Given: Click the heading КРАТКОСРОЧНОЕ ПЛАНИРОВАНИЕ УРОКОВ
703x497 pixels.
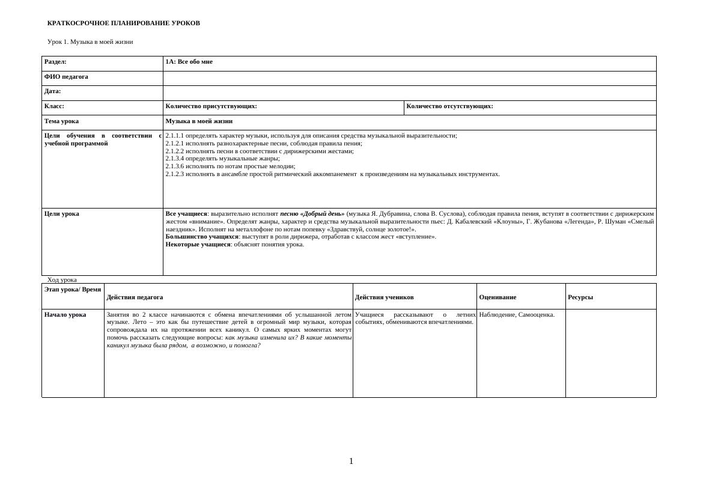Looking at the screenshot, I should pyautogui.click(x=123, y=23).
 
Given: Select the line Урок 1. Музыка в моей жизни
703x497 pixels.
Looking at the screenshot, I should pyautogui.click(x=90, y=41).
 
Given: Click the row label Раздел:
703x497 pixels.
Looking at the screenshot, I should pyautogui.click(x=55, y=61).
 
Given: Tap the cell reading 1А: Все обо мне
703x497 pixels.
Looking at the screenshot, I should pyautogui.click(x=189, y=61).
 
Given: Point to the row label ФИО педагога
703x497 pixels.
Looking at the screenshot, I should pyautogui.click(x=66, y=76).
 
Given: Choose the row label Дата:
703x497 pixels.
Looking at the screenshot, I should pyautogui.click(x=53, y=91).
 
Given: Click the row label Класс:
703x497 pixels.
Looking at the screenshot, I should pyautogui.click(x=54, y=106).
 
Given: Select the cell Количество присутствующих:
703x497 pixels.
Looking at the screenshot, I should pyautogui.click(x=211, y=106).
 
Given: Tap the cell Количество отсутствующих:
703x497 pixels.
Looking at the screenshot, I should pyautogui.click(x=449, y=106).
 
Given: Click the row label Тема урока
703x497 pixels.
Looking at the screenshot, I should pyautogui.click(x=61, y=121).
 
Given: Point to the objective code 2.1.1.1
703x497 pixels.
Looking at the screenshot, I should pyautogui.click(x=175, y=135).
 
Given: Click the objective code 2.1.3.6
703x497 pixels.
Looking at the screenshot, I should pyautogui.click(x=175, y=166).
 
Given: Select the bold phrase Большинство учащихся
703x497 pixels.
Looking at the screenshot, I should pyautogui.click(x=202, y=236).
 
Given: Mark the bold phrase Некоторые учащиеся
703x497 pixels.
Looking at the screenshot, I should pyautogui.click(x=198, y=244).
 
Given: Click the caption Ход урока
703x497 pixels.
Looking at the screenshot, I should pyautogui.click(x=62, y=279).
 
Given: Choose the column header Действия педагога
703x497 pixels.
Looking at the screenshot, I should pyautogui.click(x=135, y=297).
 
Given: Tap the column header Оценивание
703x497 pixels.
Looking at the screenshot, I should pyautogui.click(x=498, y=297).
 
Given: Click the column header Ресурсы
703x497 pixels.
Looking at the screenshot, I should pyautogui.click(x=580, y=297).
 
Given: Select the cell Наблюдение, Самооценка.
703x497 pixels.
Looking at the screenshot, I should pyautogui.click(x=517, y=314).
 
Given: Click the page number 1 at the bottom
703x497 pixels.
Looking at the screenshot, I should pyautogui.click(x=351, y=461).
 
